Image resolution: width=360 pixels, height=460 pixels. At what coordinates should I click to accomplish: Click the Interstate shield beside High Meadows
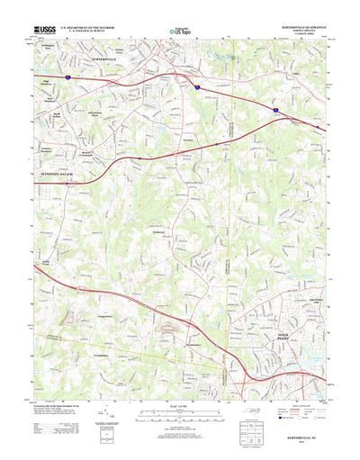(66, 78)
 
